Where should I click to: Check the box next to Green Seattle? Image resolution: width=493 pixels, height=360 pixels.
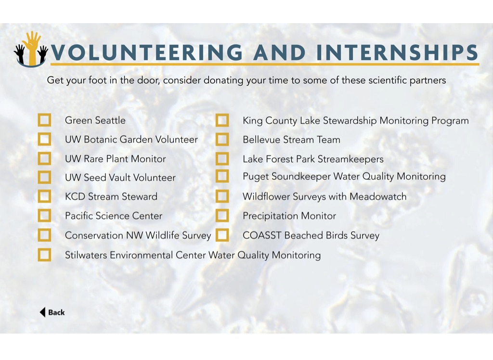44,120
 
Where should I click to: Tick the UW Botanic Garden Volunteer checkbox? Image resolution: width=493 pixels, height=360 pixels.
44,139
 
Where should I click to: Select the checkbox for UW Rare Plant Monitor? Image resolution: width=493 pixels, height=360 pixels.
44,158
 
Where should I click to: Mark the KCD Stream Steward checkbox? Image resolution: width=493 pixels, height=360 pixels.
44,196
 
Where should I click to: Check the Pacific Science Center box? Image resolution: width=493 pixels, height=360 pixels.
44,216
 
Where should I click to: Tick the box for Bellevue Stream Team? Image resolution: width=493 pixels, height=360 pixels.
222,139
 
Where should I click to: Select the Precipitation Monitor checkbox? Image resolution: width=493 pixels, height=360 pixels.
222,216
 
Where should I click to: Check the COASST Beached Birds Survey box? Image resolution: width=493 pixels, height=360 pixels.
222,235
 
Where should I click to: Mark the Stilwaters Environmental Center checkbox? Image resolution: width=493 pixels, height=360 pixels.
44,255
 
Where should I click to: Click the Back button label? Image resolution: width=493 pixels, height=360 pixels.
56,312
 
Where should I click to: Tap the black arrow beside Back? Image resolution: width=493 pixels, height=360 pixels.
42,312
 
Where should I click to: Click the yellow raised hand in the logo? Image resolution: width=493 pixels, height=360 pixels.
32,47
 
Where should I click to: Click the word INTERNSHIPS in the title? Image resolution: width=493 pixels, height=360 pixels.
397,52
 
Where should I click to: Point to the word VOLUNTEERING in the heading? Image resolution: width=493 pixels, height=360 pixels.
147,52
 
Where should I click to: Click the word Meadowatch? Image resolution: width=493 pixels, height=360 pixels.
378,196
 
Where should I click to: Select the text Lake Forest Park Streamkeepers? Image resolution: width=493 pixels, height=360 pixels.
313,159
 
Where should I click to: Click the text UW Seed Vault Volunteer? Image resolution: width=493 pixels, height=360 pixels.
120,178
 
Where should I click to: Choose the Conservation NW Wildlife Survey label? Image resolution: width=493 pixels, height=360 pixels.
138,235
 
